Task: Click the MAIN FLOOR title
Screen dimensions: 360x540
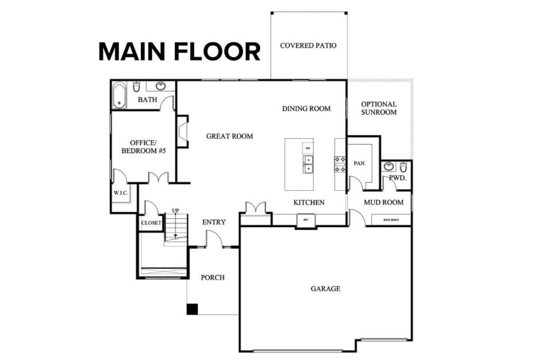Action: [x=179, y=52]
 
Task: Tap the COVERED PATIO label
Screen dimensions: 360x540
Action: [x=308, y=46]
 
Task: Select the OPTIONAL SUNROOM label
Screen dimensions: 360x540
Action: [x=379, y=108]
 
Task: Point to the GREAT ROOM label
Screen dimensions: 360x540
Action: [x=229, y=136]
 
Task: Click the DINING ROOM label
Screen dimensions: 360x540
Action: [x=306, y=109]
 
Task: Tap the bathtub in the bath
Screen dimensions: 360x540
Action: [x=119, y=95]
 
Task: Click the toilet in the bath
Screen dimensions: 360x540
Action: [x=137, y=86]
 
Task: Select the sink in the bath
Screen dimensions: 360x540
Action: [x=160, y=86]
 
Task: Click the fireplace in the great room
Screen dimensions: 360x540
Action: [x=182, y=131]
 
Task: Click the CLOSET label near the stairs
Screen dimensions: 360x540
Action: [x=151, y=223]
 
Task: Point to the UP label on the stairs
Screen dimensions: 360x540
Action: [x=175, y=211]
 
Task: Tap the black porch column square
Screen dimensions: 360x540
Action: [x=192, y=309]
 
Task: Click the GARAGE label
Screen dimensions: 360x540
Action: [x=325, y=289]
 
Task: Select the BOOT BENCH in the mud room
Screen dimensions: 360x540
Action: [x=391, y=219]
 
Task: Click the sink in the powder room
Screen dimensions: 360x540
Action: [x=389, y=167]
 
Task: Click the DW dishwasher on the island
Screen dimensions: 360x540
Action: [x=307, y=148]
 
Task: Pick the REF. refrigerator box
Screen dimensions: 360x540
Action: [x=305, y=220]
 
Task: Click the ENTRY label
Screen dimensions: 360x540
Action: [x=214, y=222]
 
